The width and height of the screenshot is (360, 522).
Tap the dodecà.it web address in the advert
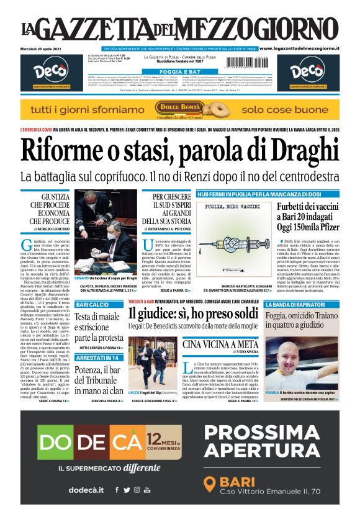tap(86, 489)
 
